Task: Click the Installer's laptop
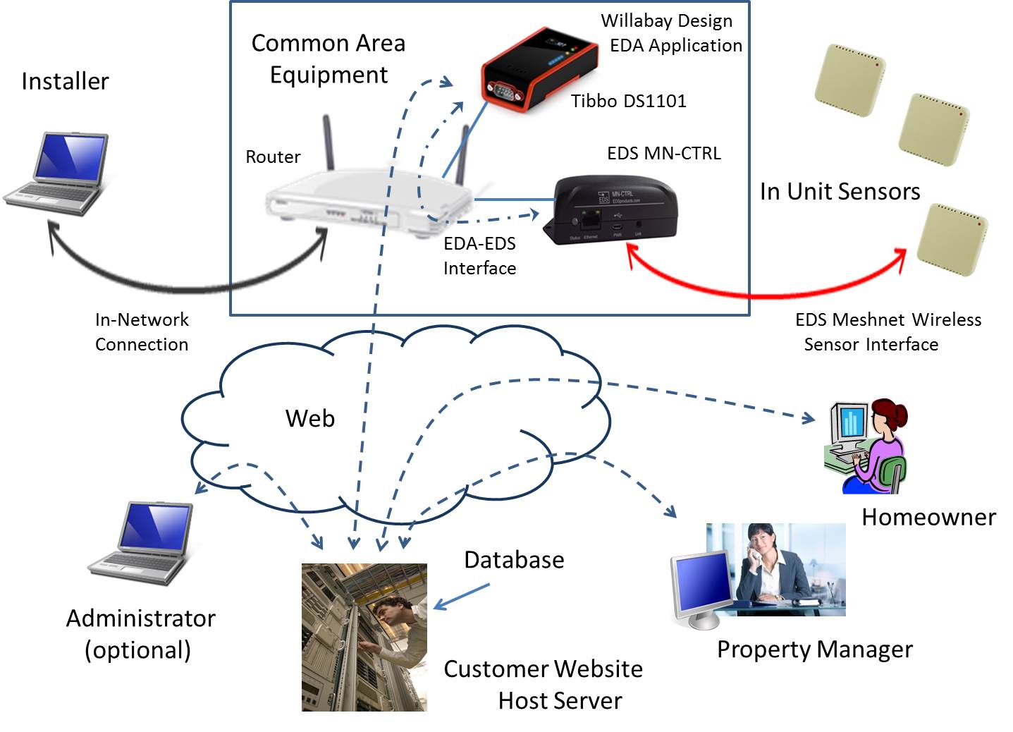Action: click(56, 173)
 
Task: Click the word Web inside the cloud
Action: click(310, 418)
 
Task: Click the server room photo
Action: click(364, 637)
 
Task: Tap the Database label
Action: click(514, 560)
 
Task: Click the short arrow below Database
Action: click(461, 597)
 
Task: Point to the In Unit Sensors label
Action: click(840, 191)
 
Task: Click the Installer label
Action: click(65, 81)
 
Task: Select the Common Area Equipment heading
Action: click(329, 59)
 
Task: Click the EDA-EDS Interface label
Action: click(480, 256)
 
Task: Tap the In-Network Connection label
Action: click(142, 332)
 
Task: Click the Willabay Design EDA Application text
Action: click(672, 33)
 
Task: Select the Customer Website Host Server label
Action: click(543, 685)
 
